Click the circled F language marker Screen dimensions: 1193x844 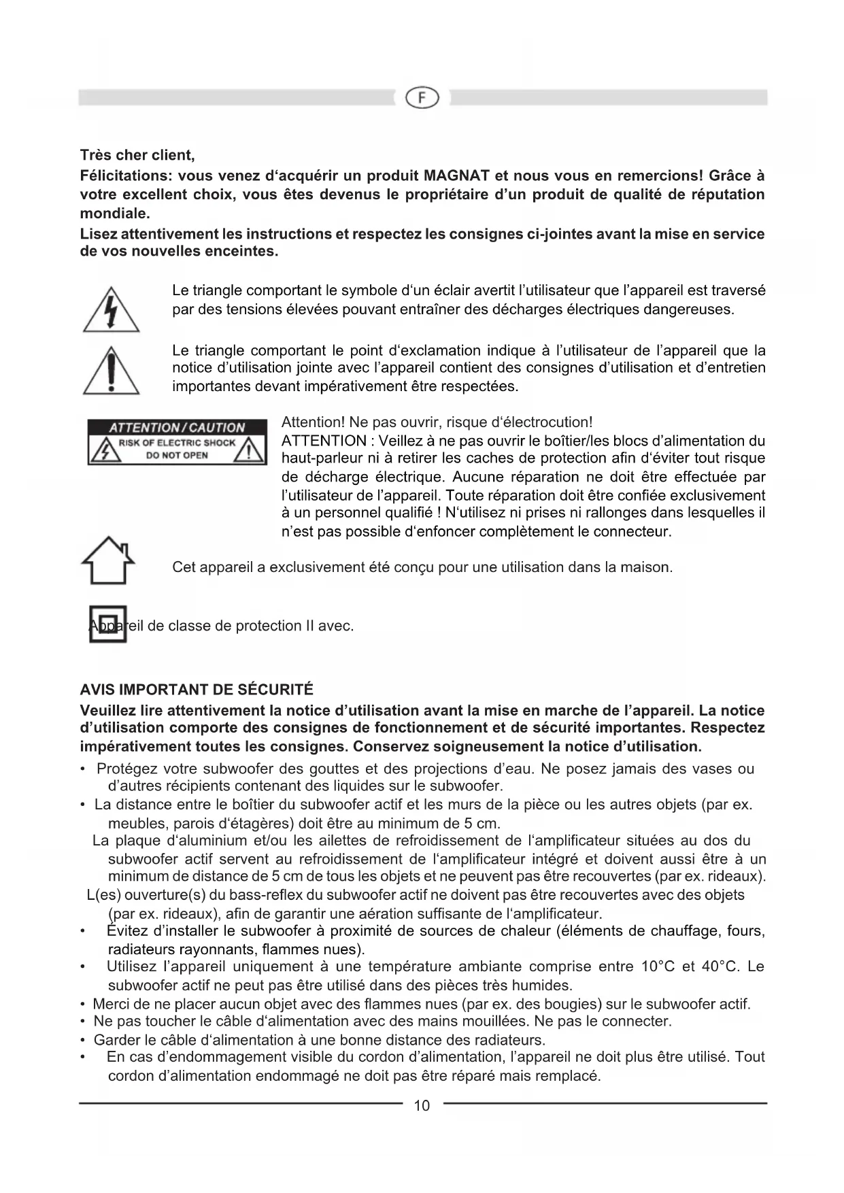click(422, 98)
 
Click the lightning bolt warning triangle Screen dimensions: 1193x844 click(112, 311)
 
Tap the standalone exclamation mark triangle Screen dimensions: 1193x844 click(112, 371)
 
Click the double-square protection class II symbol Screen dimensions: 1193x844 click(107, 624)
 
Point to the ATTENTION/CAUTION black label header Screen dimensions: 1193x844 click(177, 428)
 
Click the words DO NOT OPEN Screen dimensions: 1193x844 click(177, 455)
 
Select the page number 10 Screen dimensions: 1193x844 click(422, 1105)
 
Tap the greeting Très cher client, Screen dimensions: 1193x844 click(137, 156)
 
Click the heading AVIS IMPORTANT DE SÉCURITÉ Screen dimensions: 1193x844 click(197, 690)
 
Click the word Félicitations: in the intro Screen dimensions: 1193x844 click(123, 175)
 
